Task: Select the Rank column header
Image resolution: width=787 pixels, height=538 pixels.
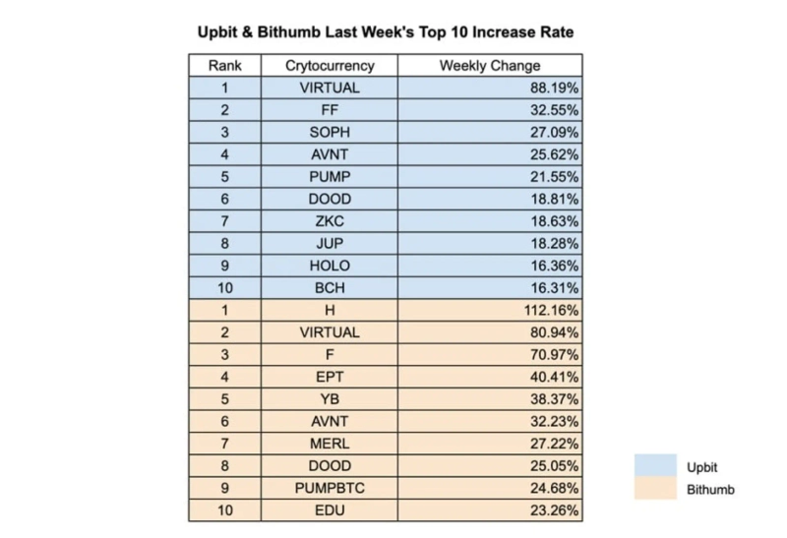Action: coord(224,66)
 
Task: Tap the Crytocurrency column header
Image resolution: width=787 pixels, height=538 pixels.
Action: coord(330,66)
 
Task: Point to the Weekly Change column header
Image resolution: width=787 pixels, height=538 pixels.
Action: coord(489,66)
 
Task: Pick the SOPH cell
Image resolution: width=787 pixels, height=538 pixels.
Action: coord(330,133)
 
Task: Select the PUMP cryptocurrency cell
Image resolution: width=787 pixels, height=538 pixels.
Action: coord(330,177)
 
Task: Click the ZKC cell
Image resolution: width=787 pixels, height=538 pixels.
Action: coord(330,221)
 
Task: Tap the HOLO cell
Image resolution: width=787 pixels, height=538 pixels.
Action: coord(330,266)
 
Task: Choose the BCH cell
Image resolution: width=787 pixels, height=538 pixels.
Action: coord(330,288)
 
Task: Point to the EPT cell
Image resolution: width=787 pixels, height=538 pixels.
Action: coord(330,377)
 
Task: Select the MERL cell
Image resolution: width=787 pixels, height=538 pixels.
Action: coord(330,444)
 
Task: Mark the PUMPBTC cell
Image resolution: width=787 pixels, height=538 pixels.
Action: coord(330,488)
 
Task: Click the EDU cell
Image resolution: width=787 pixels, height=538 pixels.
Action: coord(330,510)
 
